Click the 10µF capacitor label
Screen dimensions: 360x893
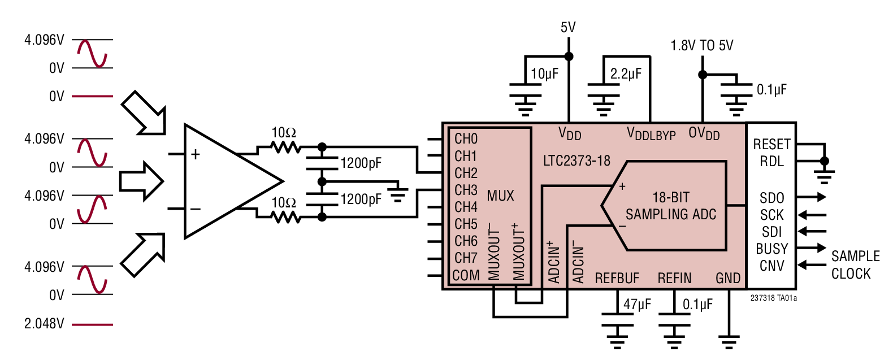544,73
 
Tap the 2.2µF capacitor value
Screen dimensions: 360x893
626,73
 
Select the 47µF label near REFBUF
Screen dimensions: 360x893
637,305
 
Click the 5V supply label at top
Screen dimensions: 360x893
568,27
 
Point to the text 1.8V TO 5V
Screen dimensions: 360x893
701,45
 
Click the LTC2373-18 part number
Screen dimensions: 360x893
576,161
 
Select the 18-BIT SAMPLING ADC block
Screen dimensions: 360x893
670,206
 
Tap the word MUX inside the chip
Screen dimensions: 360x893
500,196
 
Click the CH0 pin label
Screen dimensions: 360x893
466,139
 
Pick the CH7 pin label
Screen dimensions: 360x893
466,258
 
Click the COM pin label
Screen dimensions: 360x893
466,276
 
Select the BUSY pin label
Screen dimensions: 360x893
771,249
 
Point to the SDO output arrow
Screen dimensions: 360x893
813,197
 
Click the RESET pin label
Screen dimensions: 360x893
771,144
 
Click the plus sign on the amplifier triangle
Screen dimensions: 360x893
196,154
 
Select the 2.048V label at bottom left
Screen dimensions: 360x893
44,324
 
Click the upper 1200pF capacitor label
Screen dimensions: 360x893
361,163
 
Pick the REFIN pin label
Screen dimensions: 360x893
674,278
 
